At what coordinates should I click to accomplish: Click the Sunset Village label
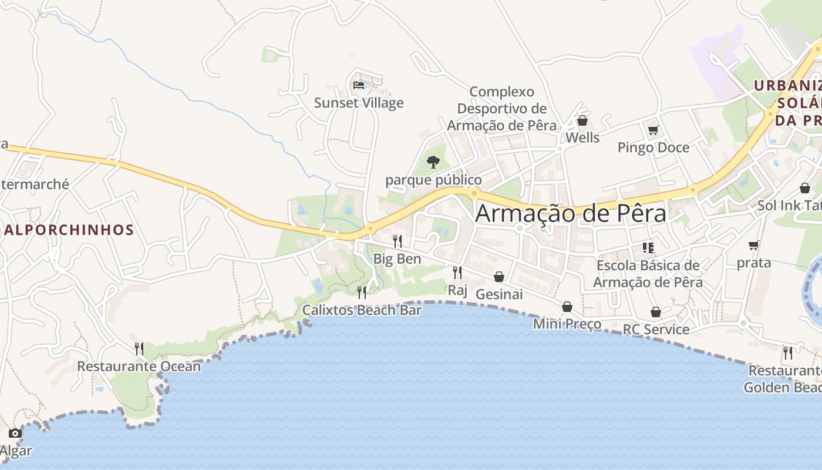pos(359,103)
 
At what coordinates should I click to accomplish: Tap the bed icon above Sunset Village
pos(359,85)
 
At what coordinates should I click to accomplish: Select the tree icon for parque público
pos(433,162)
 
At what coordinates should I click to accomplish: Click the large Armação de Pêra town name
pos(571,213)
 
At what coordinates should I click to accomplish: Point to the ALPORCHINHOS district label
pos(69,230)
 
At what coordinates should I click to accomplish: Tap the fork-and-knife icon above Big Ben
pos(397,241)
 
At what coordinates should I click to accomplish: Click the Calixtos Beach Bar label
pos(362,310)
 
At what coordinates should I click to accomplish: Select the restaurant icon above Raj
pos(457,272)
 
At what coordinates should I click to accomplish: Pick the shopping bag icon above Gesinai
pos(499,276)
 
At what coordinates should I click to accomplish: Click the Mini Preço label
pos(567,324)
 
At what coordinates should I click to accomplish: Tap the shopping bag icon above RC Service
pos(656,312)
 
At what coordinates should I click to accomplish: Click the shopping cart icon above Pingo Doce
pos(653,130)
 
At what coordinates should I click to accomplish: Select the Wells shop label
pos(582,137)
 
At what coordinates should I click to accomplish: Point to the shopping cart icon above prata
pos(754,245)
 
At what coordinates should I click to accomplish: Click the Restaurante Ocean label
pos(139,367)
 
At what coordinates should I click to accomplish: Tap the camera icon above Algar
pos(15,434)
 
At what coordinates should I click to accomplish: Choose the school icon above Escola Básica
pos(648,248)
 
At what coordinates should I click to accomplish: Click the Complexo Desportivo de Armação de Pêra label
pos(502,109)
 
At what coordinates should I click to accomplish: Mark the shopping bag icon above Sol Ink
pos(805,188)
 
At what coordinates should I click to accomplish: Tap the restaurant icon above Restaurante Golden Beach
pos(788,352)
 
